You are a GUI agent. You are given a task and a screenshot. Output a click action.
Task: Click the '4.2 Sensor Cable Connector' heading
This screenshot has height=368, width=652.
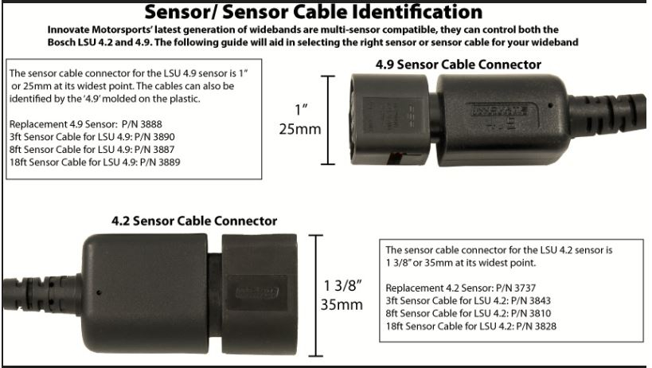194,221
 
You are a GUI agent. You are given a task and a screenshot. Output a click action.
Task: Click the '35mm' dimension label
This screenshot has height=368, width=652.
343,305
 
